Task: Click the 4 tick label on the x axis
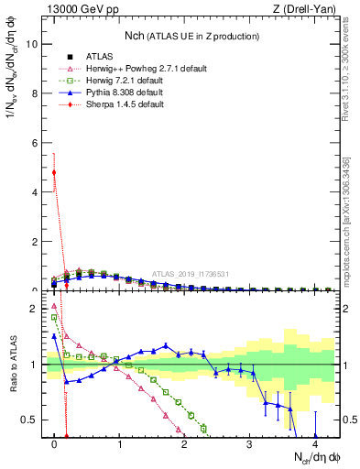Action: pos(315,445)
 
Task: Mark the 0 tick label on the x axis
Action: pos(55,445)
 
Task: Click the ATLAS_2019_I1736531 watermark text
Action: pos(190,273)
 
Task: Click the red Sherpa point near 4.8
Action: pos(55,172)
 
